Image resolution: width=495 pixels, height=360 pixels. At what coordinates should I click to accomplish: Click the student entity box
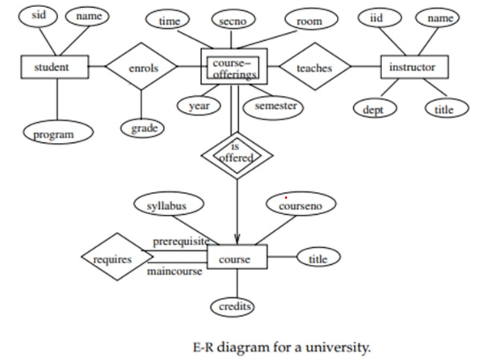point(54,67)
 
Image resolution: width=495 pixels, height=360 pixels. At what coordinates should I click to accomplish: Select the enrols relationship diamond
point(142,67)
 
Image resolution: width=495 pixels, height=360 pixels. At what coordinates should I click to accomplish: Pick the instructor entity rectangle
point(414,67)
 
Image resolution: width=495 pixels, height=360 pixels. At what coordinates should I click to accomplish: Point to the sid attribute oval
point(38,16)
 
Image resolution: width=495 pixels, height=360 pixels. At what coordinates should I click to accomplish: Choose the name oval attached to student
point(87,17)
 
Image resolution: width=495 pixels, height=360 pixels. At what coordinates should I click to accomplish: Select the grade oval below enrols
point(143,128)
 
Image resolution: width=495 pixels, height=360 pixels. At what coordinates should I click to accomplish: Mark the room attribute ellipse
point(310,20)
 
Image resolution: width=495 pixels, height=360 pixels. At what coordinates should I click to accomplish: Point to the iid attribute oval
point(377,19)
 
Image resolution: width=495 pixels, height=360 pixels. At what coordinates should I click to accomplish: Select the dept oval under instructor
point(374,109)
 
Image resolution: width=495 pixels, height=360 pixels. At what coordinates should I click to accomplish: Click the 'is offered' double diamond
point(236,154)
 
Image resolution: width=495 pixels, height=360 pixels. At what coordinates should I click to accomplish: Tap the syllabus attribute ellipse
point(167,205)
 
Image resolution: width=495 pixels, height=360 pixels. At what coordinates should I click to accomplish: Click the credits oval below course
point(233,306)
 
